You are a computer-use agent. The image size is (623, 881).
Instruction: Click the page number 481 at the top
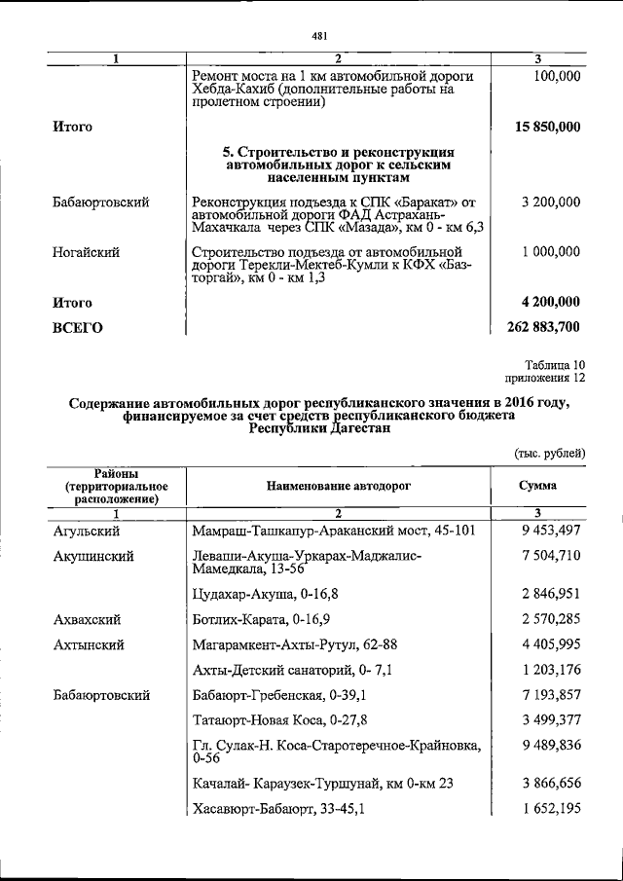pos(318,36)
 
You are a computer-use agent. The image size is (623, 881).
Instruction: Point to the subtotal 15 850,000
pos(547,128)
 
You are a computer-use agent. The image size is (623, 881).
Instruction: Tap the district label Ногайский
pos(87,252)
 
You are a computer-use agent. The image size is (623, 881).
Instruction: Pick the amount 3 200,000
pos(551,202)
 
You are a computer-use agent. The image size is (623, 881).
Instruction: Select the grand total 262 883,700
pos(543,327)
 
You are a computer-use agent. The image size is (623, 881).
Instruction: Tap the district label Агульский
pos(87,531)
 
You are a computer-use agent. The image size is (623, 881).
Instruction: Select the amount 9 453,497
pos(551,531)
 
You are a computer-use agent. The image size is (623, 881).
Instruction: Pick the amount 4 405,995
pos(551,643)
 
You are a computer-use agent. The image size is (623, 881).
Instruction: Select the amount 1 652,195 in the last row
pos(551,809)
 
